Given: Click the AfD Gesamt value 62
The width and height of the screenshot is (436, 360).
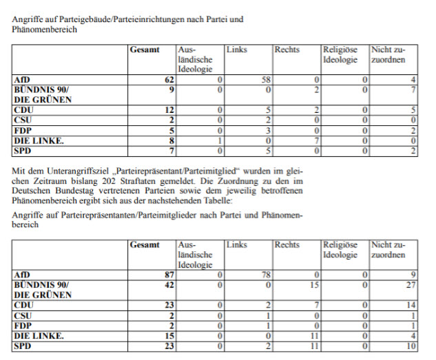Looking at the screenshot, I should coord(169,81).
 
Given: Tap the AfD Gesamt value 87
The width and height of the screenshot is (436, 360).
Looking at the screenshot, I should coord(169,275).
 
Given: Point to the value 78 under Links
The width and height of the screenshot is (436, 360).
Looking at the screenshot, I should coord(265,275).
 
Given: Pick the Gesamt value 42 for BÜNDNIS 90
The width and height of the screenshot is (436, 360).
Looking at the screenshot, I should coord(169,284).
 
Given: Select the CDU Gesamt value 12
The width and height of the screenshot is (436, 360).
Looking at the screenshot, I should coord(169,109).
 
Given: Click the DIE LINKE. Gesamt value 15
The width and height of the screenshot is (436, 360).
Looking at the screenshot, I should coord(169,336).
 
